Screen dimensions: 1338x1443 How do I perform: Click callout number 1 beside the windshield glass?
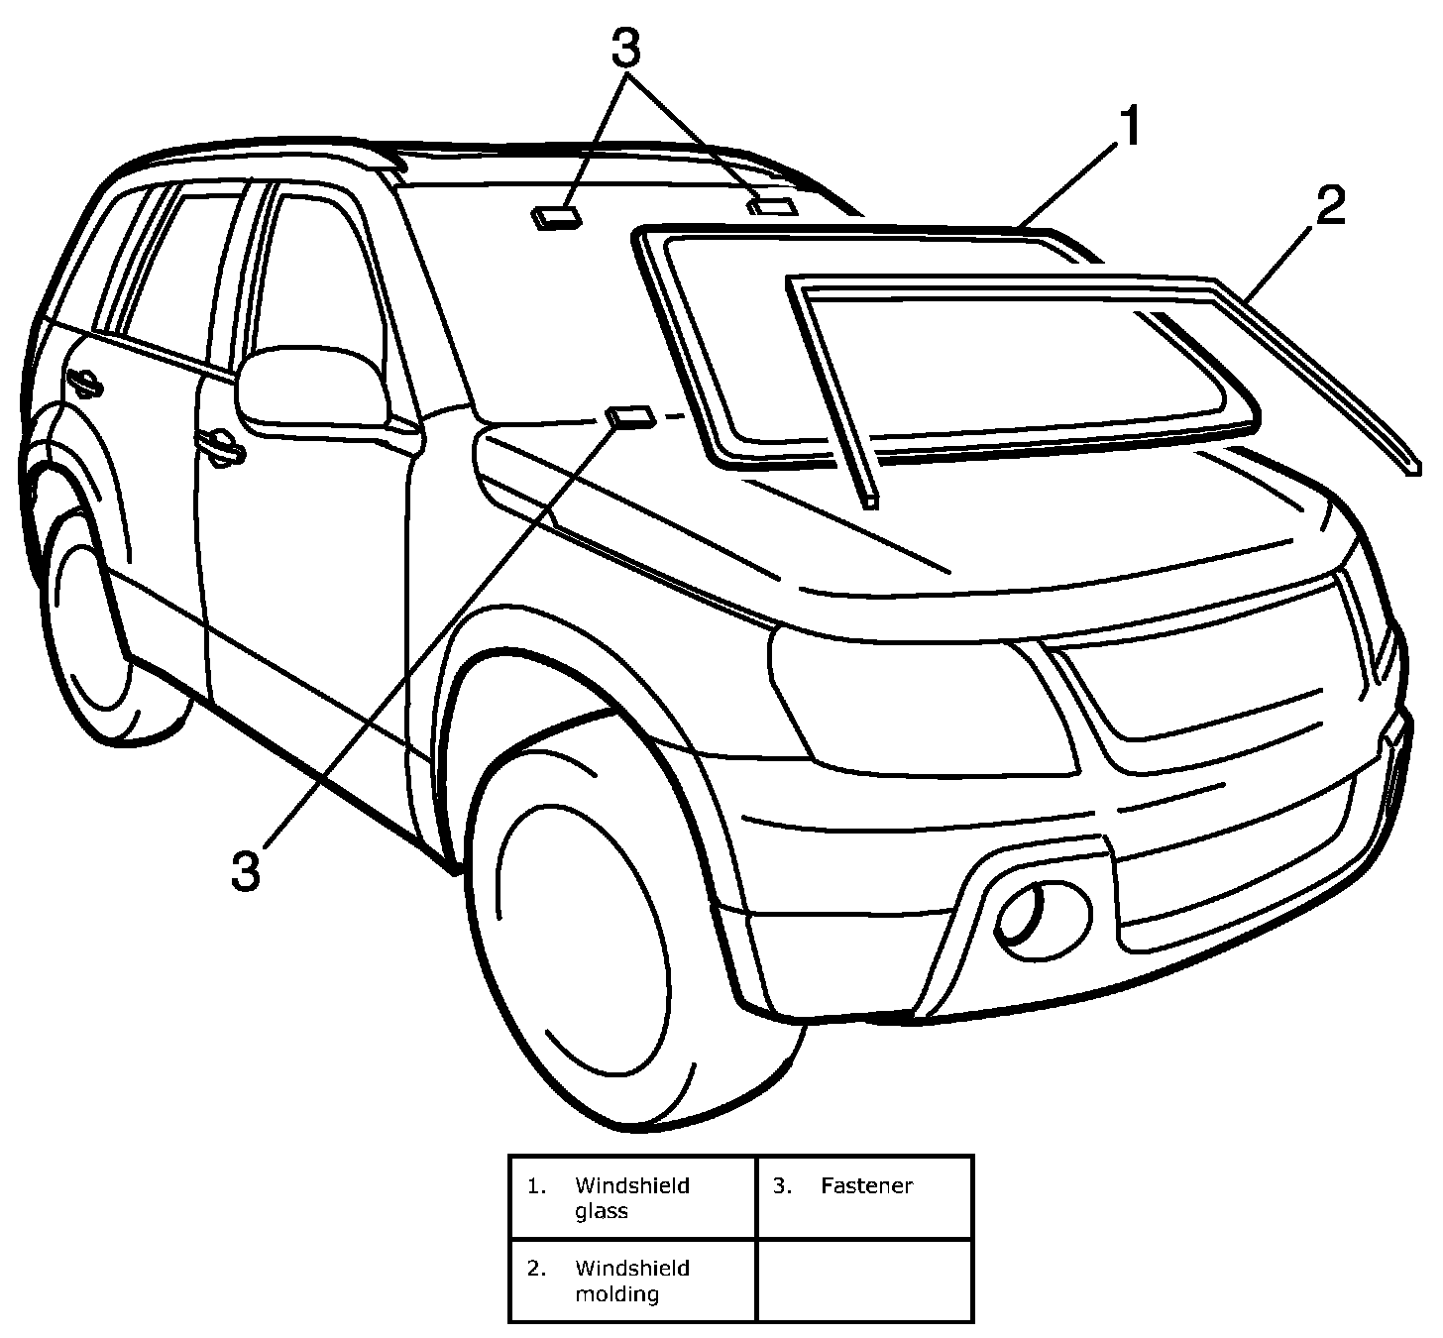pyautogui.click(x=1129, y=128)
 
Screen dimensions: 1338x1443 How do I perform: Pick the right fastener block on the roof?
pyautogui.click(x=771, y=206)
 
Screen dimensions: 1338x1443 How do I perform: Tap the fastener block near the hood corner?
pyautogui.click(x=630, y=416)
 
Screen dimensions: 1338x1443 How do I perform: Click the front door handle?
pyautogui.click(x=221, y=446)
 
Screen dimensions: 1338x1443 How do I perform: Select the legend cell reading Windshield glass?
pyautogui.click(x=632, y=1197)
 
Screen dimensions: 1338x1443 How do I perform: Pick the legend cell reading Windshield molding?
pyautogui.click(x=632, y=1280)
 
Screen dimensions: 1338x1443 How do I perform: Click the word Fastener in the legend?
pyautogui.click(x=866, y=1185)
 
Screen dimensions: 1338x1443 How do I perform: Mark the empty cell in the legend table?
pyautogui.click(x=864, y=1280)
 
